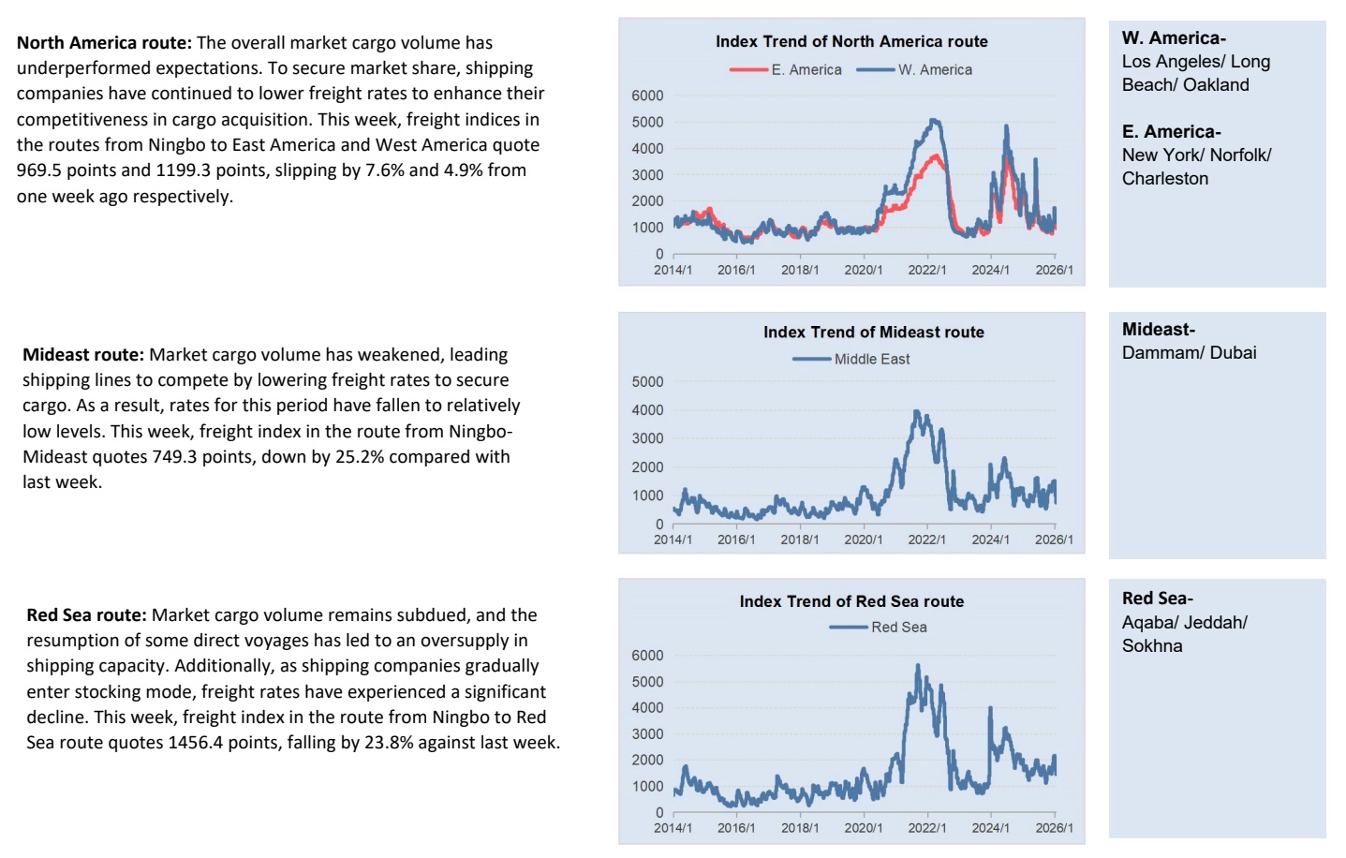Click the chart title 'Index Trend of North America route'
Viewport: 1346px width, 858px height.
851,41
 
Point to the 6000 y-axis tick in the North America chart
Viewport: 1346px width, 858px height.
647,96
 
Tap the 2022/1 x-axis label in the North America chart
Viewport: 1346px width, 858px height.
926,270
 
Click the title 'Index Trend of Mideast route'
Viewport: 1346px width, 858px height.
873,332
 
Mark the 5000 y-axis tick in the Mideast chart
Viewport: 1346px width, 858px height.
647,382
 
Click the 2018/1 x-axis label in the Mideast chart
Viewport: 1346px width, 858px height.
799,540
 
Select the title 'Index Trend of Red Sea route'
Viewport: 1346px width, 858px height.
851,601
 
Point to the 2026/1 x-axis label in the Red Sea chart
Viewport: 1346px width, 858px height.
1054,828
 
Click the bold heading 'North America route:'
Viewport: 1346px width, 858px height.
104,43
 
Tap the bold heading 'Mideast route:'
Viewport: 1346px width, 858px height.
83,355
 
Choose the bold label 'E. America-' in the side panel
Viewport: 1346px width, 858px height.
1171,132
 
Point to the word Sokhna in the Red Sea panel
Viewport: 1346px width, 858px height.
1152,646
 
